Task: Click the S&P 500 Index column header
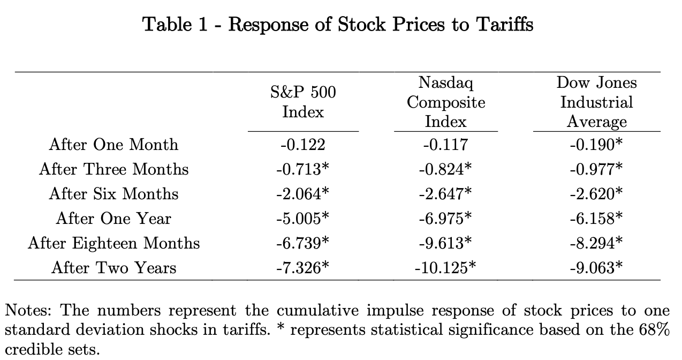303,102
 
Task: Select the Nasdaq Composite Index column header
445,102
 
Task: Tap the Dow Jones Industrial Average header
596,102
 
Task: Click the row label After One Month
113,145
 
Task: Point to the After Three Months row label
113,169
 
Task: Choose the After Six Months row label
113,193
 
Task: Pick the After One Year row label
113,218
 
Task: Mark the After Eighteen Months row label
113,243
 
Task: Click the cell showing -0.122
302,145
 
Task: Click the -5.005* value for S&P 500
302,218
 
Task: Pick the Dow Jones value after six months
596,193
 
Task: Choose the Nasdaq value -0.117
445,145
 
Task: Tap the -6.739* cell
302,243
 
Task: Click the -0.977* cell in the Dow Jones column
596,169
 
